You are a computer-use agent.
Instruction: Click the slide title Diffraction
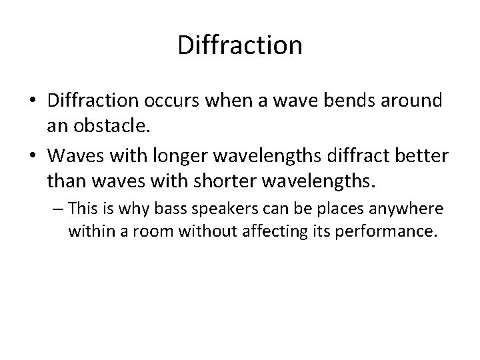pyautogui.click(x=240, y=45)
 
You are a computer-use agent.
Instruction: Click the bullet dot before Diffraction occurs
pyautogui.click(x=31, y=101)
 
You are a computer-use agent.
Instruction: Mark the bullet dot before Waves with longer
pyautogui.click(x=31, y=155)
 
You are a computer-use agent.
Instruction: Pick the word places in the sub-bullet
pyautogui.click(x=343, y=210)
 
